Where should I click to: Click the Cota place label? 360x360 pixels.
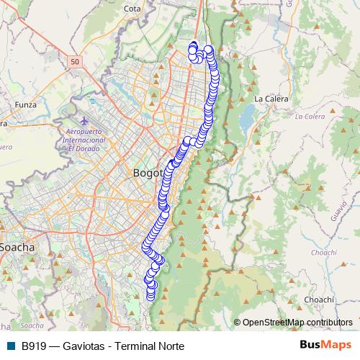(132, 9)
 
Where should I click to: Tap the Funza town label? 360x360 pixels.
(24, 104)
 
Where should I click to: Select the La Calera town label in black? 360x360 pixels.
(271, 98)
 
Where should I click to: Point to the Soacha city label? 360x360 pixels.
(17, 247)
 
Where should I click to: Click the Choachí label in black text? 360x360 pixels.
(318, 299)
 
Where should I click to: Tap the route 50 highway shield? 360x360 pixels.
(76, 63)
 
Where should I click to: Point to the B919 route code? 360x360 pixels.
(35, 346)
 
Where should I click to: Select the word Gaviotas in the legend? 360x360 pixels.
(86, 346)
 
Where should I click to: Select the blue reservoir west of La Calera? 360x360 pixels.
(248, 115)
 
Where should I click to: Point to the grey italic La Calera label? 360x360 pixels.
(310, 115)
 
